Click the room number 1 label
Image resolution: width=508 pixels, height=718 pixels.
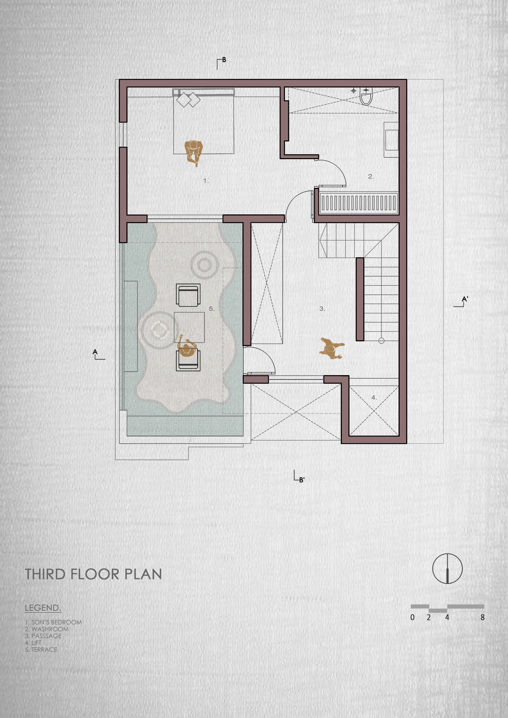click(x=206, y=181)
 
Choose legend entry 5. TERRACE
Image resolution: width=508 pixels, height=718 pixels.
click(x=41, y=650)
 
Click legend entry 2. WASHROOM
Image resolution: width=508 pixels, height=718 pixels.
click(x=47, y=629)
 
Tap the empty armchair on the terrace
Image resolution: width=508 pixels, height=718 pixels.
click(x=188, y=295)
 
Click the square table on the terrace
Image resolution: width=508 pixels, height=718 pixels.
click(x=189, y=327)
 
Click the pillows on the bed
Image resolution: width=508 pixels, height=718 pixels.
click(x=188, y=100)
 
